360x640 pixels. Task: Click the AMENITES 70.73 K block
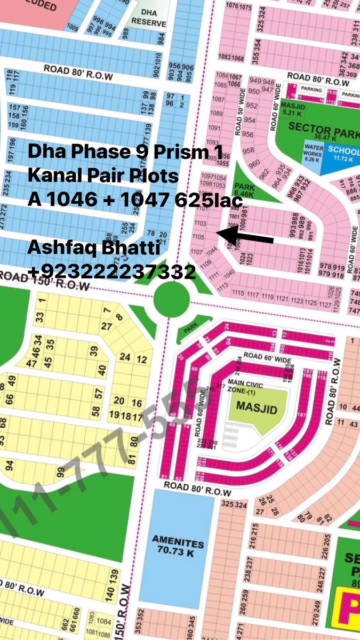click(179, 544)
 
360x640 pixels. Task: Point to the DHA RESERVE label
click(149, 19)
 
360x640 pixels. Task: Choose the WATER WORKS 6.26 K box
click(312, 152)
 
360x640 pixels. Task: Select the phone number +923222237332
click(111, 273)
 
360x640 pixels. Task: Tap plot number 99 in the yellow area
click(61, 473)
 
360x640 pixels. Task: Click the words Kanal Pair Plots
click(103, 176)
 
